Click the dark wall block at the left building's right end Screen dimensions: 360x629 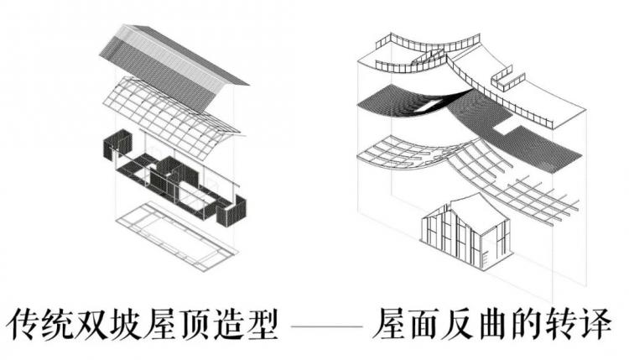point(230,210)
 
